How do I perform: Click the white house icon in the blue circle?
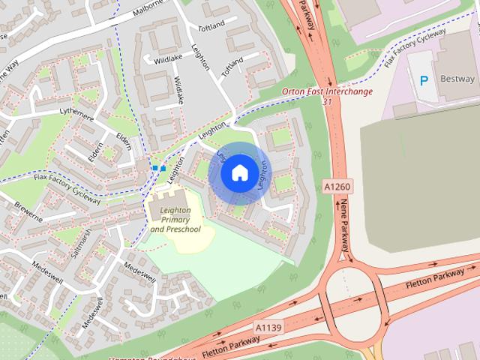click(238, 173)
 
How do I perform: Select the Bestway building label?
click(457, 79)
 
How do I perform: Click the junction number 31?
click(327, 101)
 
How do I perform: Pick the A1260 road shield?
click(337, 185)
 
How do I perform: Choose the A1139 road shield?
click(268, 328)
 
